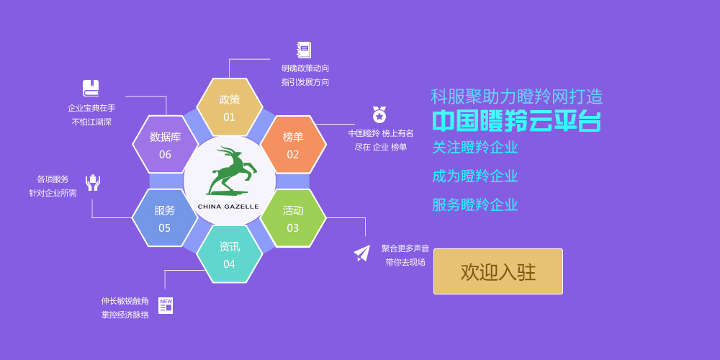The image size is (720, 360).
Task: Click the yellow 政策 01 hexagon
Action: (x=229, y=107)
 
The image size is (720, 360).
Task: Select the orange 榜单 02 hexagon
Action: (x=293, y=144)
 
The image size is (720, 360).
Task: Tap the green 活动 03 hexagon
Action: (x=293, y=218)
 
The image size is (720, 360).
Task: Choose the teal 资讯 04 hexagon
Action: (x=229, y=254)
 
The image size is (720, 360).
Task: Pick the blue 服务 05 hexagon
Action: (x=165, y=218)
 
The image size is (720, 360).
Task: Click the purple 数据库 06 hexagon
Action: (x=165, y=144)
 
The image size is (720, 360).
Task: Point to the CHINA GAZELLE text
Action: (x=228, y=207)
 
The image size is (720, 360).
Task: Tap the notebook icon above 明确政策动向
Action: (x=304, y=50)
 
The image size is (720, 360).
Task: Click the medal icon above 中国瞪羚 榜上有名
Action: (x=379, y=114)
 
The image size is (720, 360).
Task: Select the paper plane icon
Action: (x=362, y=253)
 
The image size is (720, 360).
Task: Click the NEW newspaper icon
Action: (x=166, y=306)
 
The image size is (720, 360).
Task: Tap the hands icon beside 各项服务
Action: (x=93, y=182)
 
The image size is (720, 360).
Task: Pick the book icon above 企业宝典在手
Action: (x=91, y=88)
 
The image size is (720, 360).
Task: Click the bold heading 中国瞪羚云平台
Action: (x=516, y=121)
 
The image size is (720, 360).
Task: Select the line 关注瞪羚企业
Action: (x=475, y=148)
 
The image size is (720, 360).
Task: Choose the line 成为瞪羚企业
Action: (x=475, y=176)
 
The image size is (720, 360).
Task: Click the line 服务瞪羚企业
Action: (x=475, y=204)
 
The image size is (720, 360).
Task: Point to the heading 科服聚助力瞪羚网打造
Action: (x=516, y=97)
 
